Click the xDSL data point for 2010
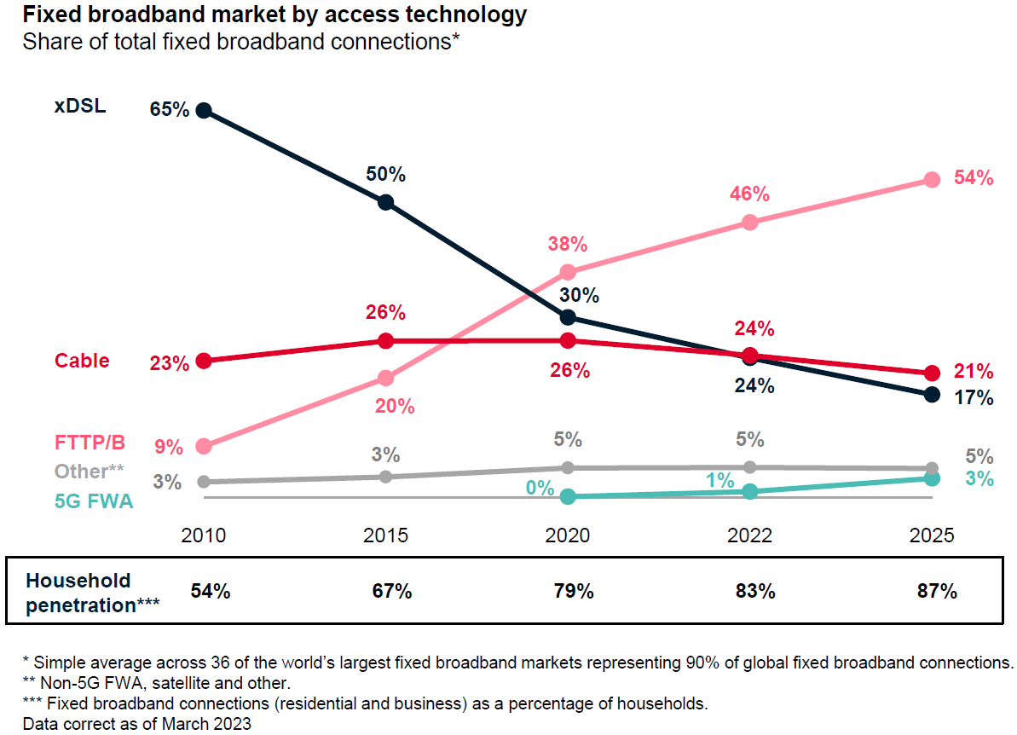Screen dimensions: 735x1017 pos(203,110)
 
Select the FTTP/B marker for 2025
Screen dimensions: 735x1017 pos(932,179)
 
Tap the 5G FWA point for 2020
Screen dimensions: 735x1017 pos(568,496)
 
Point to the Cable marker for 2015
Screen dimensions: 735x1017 pos(385,341)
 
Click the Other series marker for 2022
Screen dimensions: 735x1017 pos(749,466)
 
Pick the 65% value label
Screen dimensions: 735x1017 pos(169,110)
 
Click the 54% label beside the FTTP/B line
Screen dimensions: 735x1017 pos(974,178)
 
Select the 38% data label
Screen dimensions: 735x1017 pos(567,245)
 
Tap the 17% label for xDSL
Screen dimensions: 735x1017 pos(974,397)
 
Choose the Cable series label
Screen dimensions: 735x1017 pos(82,361)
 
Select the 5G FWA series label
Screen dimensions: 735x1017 pos(94,501)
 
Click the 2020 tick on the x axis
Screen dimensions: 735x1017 pos(568,535)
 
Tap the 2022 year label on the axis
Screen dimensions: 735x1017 pos(749,535)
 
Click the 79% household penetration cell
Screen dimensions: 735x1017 pos(568,591)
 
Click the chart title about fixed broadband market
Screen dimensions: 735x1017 pos(274,14)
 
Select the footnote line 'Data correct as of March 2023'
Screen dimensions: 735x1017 pos(136,723)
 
